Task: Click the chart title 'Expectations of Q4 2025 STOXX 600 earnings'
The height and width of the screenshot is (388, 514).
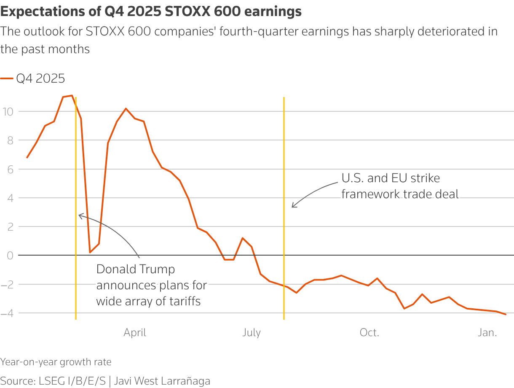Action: click(x=151, y=12)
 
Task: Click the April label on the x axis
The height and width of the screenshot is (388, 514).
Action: click(x=135, y=333)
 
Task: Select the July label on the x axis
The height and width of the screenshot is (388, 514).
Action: click(x=252, y=333)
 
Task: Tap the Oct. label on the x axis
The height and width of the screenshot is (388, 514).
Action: click(x=369, y=333)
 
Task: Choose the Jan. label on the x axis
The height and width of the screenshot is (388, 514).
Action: click(x=487, y=333)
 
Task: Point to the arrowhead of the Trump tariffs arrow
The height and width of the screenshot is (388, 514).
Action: click(x=79, y=215)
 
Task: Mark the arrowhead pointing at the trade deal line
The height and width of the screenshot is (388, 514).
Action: click(x=293, y=207)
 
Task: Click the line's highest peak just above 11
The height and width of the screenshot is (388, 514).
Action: click(x=72, y=96)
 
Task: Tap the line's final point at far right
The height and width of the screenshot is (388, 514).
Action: click(x=505, y=314)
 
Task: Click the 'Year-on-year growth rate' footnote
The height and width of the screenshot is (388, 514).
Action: click(x=56, y=362)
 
